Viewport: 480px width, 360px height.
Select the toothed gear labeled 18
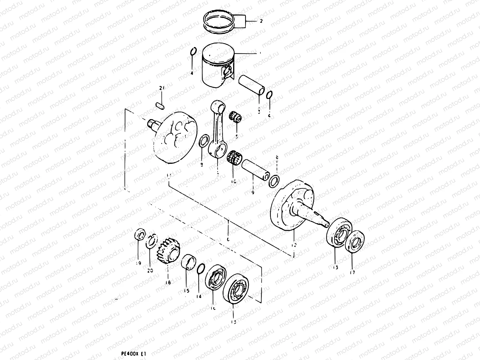(168, 252)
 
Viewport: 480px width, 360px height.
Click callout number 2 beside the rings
(261, 21)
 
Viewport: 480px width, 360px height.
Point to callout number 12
(294, 245)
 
